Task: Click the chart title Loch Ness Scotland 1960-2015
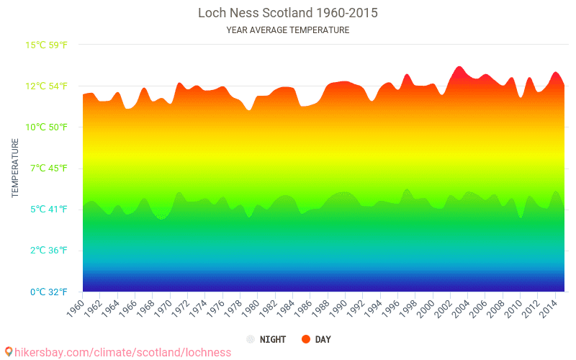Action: [288, 13]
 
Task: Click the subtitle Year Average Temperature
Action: [288, 30]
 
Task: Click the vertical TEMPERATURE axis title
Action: [15, 168]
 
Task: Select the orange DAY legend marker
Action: [306, 339]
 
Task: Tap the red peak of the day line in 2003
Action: [459, 68]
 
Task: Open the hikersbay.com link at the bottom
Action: [122, 352]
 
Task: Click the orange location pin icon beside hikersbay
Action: [9, 352]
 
